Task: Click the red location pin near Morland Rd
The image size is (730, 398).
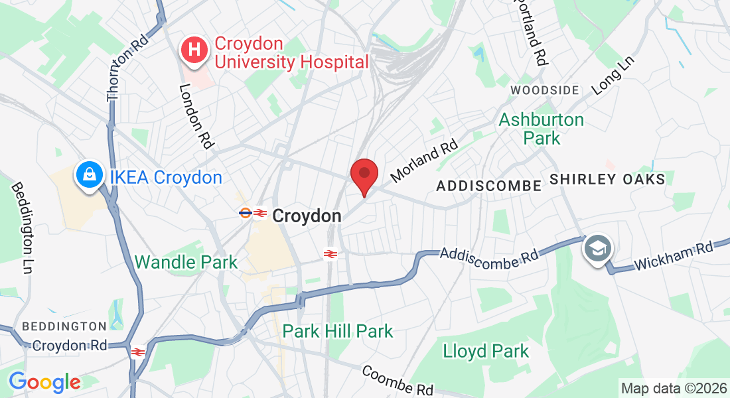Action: tap(364, 174)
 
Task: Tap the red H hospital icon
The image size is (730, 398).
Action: tap(194, 50)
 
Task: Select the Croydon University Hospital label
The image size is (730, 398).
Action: tap(291, 53)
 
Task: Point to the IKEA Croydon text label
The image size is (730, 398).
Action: tap(166, 178)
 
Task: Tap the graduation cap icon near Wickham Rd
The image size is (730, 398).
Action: tap(598, 249)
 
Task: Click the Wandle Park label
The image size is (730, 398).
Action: tap(186, 262)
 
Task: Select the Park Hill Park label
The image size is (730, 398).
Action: tap(338, 330)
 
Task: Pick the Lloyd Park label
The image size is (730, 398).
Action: tap(486, 351)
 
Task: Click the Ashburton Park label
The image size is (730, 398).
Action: tap(542, 129)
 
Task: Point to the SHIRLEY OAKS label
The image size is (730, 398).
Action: tap(607, 180)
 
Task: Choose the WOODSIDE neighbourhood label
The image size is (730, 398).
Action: tap(545, 90)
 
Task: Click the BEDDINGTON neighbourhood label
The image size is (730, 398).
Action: tap(64, 326)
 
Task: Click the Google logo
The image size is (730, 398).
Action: tap(44, 382)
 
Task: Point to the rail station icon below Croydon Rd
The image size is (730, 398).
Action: tap(138, 352)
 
